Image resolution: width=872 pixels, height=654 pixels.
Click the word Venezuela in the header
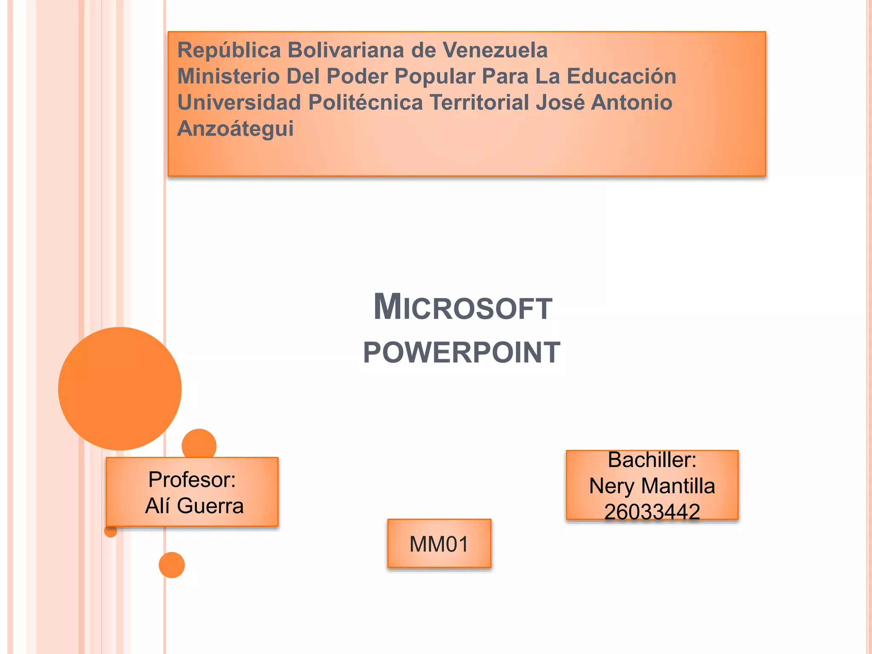pos(495,50)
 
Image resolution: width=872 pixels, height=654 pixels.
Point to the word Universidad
pos(239,103)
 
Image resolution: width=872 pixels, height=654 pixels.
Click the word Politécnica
pos(365,103)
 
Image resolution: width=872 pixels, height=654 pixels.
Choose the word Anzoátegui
pos(235,129)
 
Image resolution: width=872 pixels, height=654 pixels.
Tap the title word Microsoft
pos(462,307)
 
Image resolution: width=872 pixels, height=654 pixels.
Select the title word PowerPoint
pos(462,353)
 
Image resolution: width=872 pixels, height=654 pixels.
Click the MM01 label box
pos(439,544)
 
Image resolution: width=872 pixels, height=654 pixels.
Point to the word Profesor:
pos(192,480)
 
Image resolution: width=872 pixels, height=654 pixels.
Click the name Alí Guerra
pos(194,506)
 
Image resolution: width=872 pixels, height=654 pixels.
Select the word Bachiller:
pos(652,460)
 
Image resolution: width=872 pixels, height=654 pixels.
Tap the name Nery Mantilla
pos(652,486)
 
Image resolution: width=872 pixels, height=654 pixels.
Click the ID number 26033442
pos(652,511)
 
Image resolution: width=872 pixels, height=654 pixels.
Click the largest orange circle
pos(120,388)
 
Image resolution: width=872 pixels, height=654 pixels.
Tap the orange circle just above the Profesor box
pos(199,444)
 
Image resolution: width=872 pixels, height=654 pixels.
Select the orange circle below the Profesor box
pos(172,565)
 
